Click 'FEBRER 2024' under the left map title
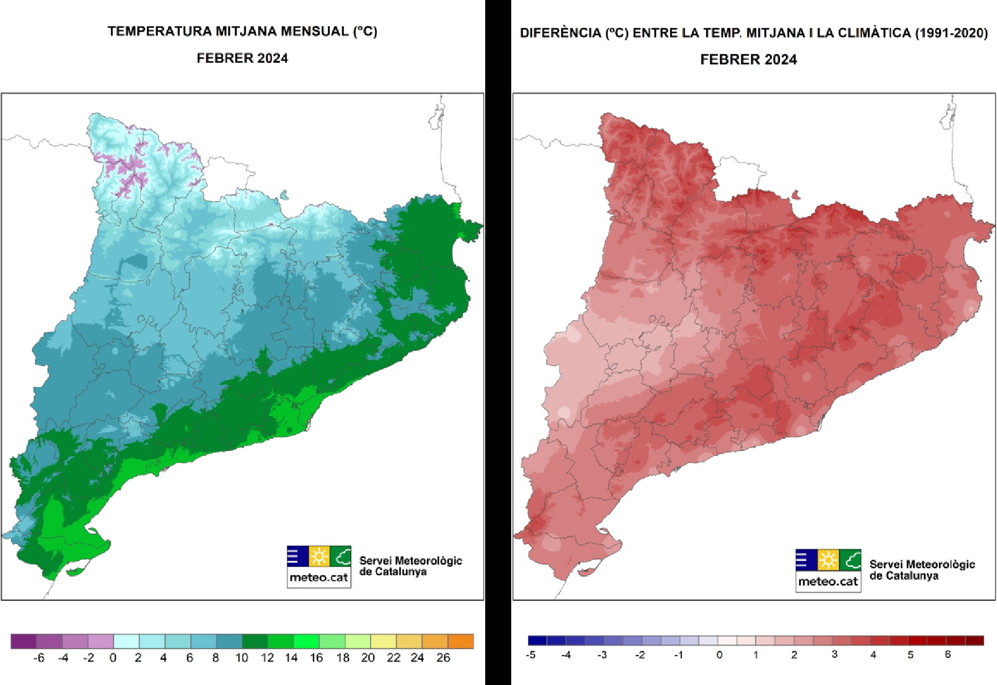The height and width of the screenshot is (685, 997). (x=242, y=58)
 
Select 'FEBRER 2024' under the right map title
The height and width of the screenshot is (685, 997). (x=748, y=60)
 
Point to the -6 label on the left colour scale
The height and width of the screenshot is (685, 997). (x=38, y=658)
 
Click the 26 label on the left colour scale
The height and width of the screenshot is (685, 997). (x=443, y=658)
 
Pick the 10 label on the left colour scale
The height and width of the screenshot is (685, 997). (x=241, y=658)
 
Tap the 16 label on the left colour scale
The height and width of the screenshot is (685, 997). (x=316, y=658)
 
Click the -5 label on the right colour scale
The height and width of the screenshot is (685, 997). (x=531, y=655)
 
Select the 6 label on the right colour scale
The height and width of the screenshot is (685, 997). (x=948, y=655)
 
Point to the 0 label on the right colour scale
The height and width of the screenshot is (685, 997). (x=719, y=655)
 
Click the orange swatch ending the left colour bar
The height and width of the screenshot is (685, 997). (x=461, y=641)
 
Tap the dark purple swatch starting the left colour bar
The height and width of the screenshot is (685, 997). (x=23, y=641)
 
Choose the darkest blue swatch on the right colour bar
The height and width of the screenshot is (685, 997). (x=537, y=641)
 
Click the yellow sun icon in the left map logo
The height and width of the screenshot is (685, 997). (x=319, y=557)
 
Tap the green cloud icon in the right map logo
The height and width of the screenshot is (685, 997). (x=850, y=560)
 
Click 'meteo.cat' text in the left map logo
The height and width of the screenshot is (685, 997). (x=318, y=578)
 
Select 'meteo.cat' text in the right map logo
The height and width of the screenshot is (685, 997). (x=828, y=581)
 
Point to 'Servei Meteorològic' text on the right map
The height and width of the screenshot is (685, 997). (x=922, y=564)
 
